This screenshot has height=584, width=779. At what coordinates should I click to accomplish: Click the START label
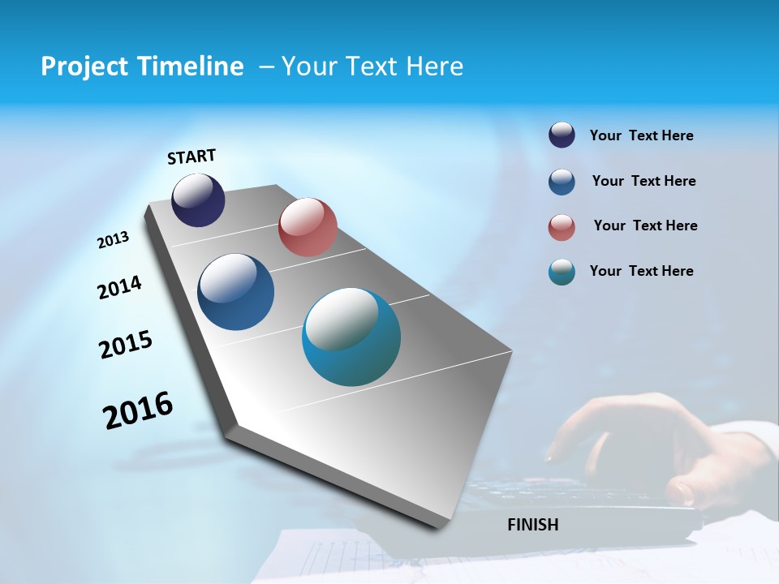(192, 157)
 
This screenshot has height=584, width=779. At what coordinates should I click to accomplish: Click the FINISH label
(533, 525)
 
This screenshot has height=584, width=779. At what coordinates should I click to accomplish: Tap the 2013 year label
(114, 240)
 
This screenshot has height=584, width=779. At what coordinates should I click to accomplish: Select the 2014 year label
(120, 287)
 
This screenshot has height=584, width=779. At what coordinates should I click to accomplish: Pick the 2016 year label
(138, 410)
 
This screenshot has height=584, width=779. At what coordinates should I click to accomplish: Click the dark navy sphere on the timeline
(198, 200)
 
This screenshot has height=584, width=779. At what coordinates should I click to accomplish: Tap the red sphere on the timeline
(308, 227)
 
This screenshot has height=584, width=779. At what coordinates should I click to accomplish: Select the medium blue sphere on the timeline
(236, 292)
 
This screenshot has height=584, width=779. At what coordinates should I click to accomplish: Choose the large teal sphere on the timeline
(351, 337)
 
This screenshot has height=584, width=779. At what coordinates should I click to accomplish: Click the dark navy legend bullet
(562, 135)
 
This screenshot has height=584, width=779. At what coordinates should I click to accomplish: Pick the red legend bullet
(562, 228)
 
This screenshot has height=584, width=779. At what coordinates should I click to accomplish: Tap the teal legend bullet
(562, 273)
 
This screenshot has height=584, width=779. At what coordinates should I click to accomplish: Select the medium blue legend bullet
(562, 182)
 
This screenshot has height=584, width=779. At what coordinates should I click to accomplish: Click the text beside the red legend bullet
(645, 225)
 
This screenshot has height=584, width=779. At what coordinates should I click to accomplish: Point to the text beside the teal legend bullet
(641, 271)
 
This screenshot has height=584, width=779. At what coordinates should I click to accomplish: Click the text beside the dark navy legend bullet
(641, 135)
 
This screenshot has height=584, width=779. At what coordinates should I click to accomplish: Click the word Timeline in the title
(192, 67)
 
